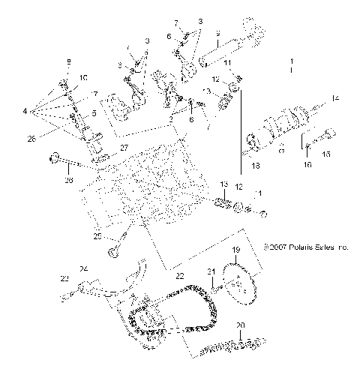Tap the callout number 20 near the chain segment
[x=240, y=325]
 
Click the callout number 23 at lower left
[x=62, y=277]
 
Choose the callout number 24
[x=84, y=268]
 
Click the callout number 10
[x=83, y=77]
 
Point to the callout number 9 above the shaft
[x=217, y=34]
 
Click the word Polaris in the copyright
[x=298, y=245]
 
